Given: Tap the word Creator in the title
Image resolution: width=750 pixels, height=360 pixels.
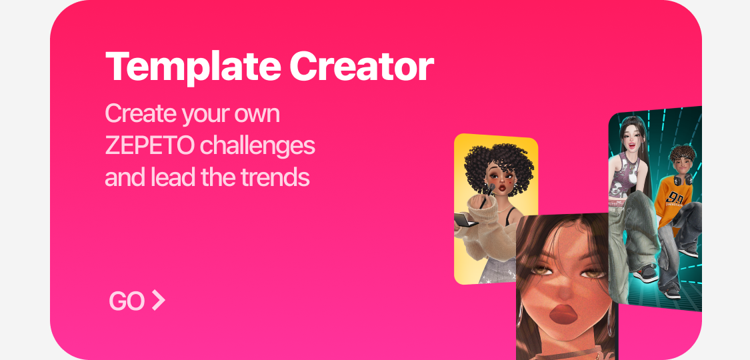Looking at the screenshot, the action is pyautogui.click(x=361, y=66).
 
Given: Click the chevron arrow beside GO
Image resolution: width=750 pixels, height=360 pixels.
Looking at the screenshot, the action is pyautogui.click(x=158, y=300).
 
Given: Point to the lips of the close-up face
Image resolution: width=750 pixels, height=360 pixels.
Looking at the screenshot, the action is pyautogui.click(x=563, y=314).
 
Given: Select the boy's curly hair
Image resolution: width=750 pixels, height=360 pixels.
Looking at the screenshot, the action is pyautogui.click(x=683, y=153).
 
